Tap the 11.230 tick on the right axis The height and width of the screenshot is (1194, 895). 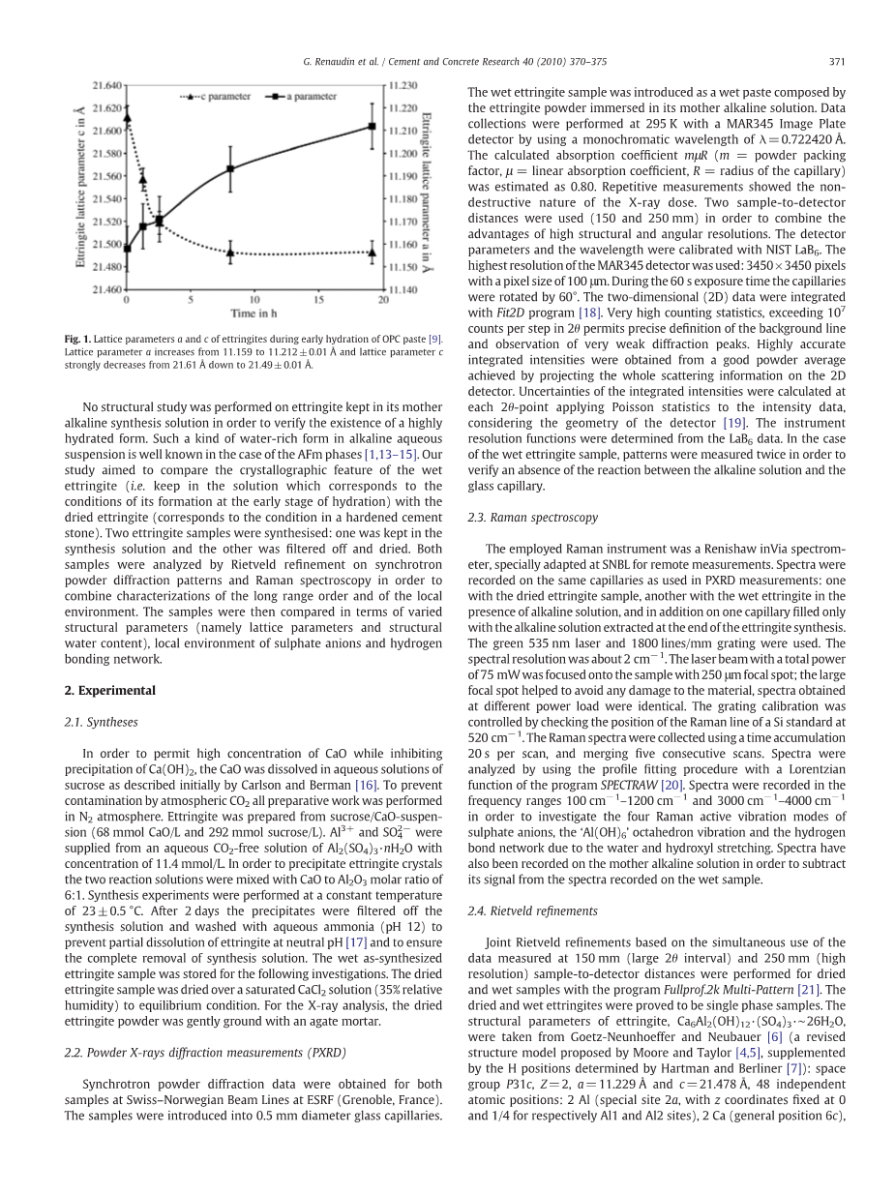point(402,85)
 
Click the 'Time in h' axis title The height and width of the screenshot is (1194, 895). point(255,313)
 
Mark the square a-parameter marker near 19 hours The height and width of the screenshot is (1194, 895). point(372,126)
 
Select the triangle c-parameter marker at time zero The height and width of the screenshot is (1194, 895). point(127,118)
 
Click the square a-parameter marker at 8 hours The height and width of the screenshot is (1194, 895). point(230,169)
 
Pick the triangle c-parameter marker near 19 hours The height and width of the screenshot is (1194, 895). point(372,252)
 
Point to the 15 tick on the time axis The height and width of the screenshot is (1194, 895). point(319,299)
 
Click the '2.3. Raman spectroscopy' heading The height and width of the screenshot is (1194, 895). point(532,518)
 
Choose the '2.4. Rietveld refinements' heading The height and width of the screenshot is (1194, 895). point(533,910)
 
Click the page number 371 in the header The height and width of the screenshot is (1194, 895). point(837,63)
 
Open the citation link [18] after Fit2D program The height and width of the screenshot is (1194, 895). point(589,313)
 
